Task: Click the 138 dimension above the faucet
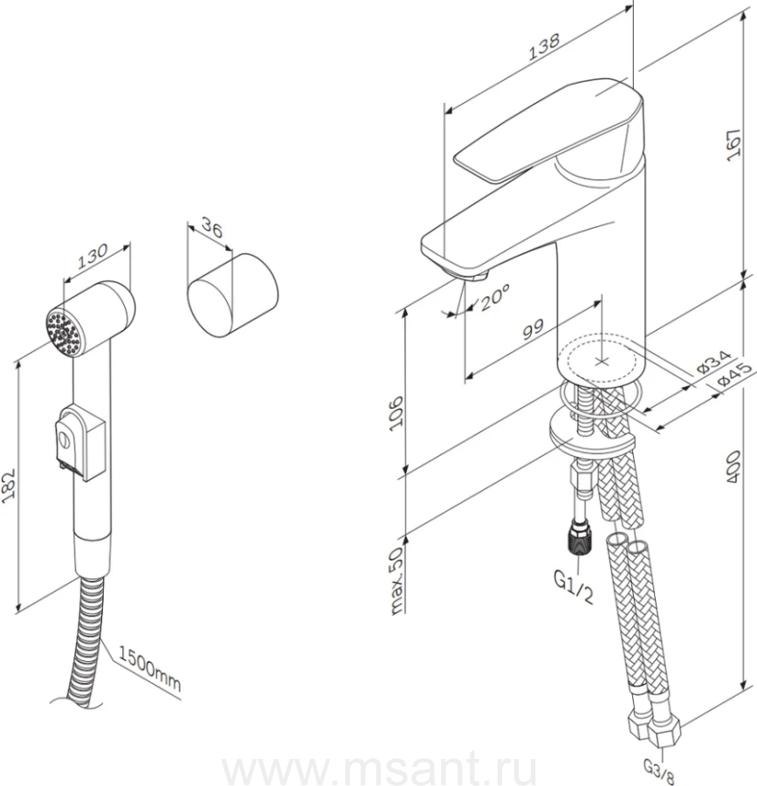coord(544,46)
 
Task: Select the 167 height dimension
coord(734,145)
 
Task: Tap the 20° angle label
coord(495,297)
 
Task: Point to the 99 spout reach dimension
coord(533,329)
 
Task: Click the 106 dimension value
coord(396,412)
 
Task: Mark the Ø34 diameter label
coord(713,362)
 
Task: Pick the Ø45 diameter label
coord(735,374)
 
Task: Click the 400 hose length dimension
coord(734,466)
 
